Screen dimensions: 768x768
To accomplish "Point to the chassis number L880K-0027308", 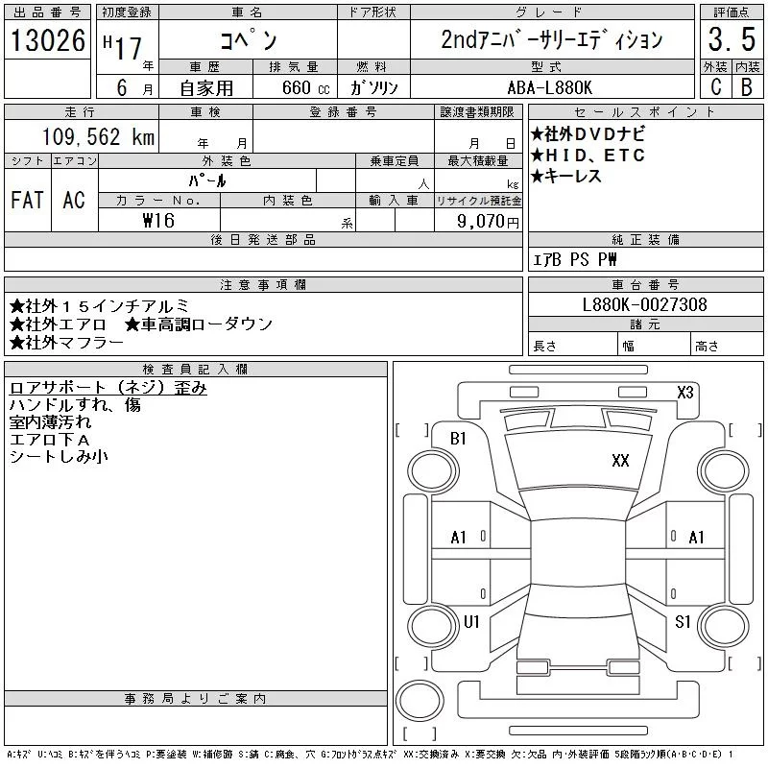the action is click(x=645, y=304).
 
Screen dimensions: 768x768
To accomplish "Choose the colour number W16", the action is click(x=159, y=221).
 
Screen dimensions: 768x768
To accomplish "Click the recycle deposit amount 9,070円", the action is click(x=491, y=221).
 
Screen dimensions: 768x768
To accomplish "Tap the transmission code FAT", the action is click(x=27, y=200).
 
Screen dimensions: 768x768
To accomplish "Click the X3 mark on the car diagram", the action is click(x=685, y=392).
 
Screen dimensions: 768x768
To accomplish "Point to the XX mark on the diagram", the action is click(x=620, y=461).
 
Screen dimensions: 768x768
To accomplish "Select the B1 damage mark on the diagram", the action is click(x=458, y=438).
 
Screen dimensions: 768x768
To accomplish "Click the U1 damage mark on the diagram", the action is click(x=470, y=622).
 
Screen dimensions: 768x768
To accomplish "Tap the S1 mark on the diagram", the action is click(x=683, y=622).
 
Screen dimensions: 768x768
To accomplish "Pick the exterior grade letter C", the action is click(x=714, y=86).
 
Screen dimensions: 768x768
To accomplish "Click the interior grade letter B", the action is click(x=746, y=86).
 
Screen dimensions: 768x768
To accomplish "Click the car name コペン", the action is click(x=248, y=40).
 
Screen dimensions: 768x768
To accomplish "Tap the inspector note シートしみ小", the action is click(x=59, y=457).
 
